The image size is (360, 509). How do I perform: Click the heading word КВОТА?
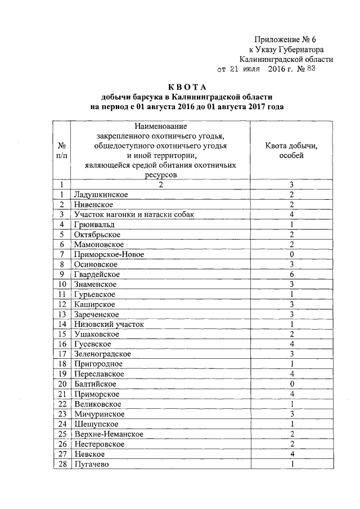188,87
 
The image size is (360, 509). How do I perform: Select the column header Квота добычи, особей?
291,151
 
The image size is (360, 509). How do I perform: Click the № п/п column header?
62,151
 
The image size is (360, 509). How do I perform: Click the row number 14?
62,325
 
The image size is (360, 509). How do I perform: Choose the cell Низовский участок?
109,325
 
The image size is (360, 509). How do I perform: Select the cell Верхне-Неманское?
108,434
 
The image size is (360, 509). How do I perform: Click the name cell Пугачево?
91,464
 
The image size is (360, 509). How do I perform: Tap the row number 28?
62,464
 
